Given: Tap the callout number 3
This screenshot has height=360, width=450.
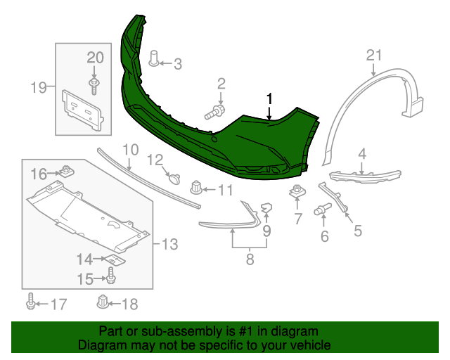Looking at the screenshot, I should coord(177,65).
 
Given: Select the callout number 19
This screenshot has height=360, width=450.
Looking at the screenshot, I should coord(38,88).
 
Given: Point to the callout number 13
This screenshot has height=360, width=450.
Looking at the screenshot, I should coord(169,245).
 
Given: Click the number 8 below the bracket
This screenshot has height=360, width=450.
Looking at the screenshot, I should coord(250,260).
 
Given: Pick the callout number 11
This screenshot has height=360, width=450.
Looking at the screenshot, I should coord(225,190).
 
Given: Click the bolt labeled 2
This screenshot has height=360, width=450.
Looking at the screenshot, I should coord(214,111).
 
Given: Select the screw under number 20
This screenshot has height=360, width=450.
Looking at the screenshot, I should coord(94,86).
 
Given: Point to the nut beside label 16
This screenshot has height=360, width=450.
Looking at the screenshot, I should coord(67,170).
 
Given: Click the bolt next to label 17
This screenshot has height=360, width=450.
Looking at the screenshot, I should coord(31,302).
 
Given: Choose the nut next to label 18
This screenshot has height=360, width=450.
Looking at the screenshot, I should coord(103,302).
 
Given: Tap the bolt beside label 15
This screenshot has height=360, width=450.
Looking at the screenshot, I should coord(111,276).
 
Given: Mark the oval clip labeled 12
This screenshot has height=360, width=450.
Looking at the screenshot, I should coord(174,179).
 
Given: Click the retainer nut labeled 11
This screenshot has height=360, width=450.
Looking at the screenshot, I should coord(196,187).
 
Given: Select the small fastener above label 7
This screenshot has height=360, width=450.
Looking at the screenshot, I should coord(297,191).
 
